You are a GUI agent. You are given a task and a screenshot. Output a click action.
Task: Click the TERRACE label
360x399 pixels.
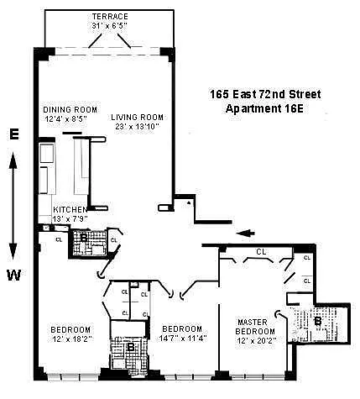(110, 17)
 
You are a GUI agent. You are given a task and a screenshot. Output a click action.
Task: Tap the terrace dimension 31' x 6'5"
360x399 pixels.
(110, 26)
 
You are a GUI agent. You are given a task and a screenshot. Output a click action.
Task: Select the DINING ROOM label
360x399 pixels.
(70, 109)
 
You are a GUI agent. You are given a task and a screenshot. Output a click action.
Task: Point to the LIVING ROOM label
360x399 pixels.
(137, 117)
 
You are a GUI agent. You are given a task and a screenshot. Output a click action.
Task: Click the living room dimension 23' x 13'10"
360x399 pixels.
(137, 127)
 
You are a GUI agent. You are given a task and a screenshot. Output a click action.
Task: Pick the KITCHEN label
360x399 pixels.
(70, 209)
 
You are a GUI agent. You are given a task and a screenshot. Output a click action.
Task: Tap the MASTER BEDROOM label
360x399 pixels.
(255, 327)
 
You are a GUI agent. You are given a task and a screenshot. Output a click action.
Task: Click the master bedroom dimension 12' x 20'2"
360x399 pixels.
(257, 341)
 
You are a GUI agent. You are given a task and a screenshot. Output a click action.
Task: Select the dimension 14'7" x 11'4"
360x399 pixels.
(183, 338)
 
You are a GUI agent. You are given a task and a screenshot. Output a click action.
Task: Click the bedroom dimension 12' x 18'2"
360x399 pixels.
(72, 339)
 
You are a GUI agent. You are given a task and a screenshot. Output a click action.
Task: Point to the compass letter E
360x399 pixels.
(14, 134)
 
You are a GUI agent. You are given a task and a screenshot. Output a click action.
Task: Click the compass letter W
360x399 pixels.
(13, 276)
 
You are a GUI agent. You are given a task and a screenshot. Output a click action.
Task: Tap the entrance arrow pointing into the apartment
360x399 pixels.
(245, 233)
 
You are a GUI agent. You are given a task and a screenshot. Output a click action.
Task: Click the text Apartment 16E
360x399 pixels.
(264, 108)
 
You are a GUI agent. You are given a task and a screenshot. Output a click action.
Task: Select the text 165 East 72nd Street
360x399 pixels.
(265, 94)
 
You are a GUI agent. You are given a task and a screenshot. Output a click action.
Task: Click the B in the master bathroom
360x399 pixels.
(318, 321)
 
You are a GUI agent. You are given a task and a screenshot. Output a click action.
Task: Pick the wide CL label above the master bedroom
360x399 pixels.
(261, 252)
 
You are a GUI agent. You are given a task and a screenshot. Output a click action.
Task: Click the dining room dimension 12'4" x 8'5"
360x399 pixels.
(66, 118)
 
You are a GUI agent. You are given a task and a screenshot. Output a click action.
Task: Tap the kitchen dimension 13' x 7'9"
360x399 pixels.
(70, 218)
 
